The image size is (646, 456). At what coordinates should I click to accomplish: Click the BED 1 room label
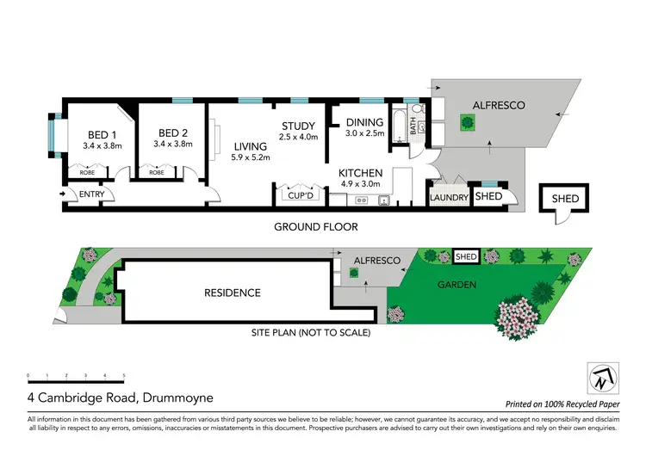coord(99,134)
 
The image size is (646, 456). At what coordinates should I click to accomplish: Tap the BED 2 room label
coord(173,132)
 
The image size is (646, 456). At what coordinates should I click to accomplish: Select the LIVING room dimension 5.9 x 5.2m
coord(251,157)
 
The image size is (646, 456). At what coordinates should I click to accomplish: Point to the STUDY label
coord(300,126)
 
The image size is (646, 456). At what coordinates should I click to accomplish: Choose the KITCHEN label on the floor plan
coord(360,173)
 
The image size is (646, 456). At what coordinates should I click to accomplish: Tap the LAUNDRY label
coord(449,198)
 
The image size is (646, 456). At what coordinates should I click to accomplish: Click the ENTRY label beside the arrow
coord(91,194)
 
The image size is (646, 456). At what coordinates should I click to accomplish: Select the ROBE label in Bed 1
coord(87,172)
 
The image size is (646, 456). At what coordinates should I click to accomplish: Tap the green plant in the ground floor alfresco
coord(467,123)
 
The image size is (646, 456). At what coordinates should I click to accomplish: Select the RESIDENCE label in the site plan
coord(232,293)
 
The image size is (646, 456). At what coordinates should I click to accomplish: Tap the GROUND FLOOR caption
coord(315,227)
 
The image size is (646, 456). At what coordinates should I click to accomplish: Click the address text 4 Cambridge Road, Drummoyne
coord(120,399)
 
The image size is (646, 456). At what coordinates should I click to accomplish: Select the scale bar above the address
coord(77,377)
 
